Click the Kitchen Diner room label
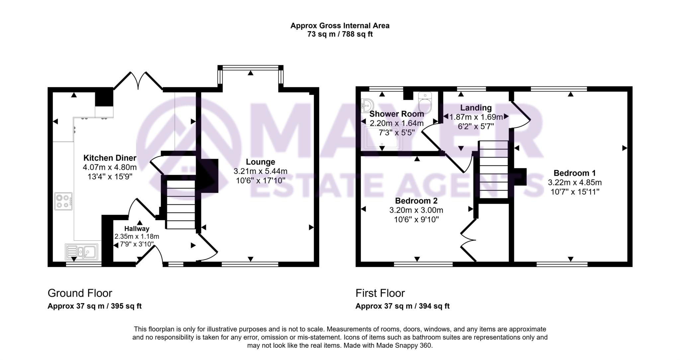click(110, 158)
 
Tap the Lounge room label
click(260, 162)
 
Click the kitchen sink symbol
click(82, 252)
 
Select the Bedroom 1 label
click(574, 173)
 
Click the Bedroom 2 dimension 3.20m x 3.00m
click(416, 210)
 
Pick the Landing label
click(476, 108)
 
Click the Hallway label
click(137, 228)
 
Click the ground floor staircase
click(181, 204)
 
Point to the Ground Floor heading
click(80, 293)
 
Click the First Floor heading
click(380, 293)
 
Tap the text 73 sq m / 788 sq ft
click(340, 34)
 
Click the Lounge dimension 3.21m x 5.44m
click(260, 171)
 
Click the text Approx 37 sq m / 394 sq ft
click(402, 306)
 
